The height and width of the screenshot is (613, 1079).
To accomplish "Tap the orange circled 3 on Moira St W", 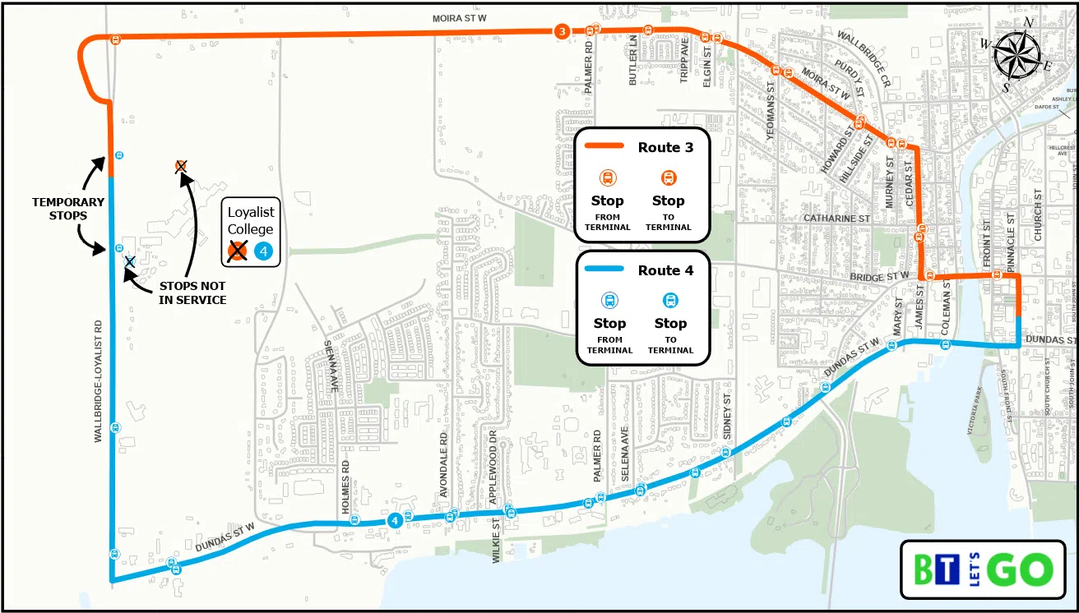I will pos(561,31).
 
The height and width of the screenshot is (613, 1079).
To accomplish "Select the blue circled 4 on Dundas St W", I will pos(395,519).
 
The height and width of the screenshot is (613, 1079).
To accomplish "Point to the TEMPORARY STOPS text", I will pos(68,209).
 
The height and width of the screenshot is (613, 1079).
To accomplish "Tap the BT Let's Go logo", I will pos(984,569).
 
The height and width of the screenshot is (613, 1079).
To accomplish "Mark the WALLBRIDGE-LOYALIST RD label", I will pos(98,382).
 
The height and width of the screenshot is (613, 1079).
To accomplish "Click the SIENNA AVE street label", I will pos(330,365).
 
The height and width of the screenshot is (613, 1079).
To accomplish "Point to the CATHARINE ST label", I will pos(836,219).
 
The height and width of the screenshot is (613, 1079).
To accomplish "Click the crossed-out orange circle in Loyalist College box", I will pos(238,251).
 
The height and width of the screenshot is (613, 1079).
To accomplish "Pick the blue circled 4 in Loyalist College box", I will pos(263,251).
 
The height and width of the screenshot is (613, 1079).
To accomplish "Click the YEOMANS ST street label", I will pos(771,110).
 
